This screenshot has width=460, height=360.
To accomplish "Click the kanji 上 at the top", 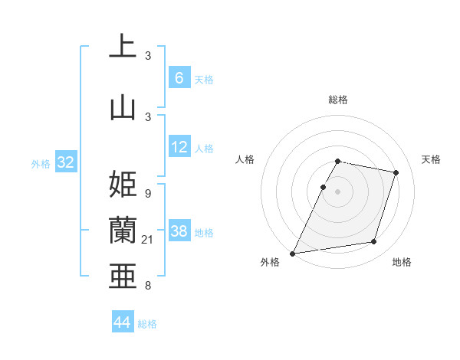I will (123, 47).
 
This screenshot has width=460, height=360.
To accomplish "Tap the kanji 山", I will (123, 106).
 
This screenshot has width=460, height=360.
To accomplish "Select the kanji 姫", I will (123, 185).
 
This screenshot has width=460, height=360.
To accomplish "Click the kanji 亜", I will (123, 276).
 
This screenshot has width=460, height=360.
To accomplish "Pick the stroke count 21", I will (149, 241).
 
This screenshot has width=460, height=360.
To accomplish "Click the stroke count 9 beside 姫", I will (147, 193).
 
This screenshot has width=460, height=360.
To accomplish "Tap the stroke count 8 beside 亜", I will (147, 286).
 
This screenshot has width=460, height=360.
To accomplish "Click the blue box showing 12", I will (179, 147).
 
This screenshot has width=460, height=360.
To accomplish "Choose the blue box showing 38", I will (179, 231).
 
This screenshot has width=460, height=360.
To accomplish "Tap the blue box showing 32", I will (65, 162).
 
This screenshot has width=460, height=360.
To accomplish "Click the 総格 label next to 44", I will (147, 324).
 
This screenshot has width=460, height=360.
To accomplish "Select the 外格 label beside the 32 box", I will (41, 164).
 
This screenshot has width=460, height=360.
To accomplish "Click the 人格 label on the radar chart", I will (245, 159).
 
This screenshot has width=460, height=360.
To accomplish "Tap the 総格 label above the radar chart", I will (337, 100).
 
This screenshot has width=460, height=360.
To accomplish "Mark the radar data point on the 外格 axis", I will (293, 253).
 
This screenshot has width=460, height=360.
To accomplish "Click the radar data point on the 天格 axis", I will (396, 172).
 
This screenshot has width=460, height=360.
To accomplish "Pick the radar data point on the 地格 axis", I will (374, 242).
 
